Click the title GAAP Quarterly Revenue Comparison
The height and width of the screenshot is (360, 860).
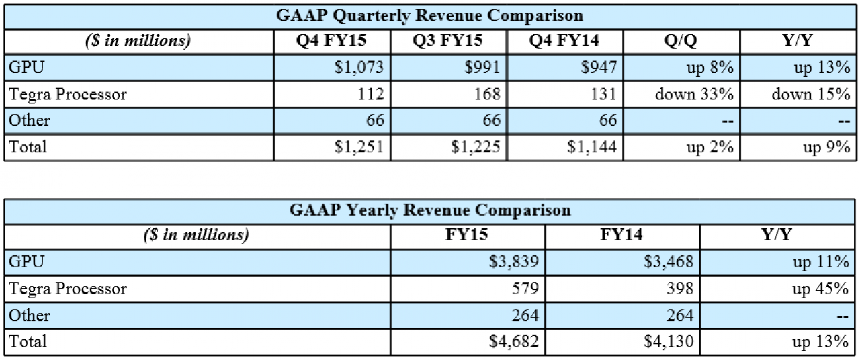pyautogui.click(x=429, y=15)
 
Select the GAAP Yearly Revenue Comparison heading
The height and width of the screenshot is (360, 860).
pyautogui.click(x=430, y=210)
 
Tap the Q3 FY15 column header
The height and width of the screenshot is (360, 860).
pyautogui.click(x=447, y=41)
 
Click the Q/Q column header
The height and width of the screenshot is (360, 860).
pyautogui.click(x=681, y=41)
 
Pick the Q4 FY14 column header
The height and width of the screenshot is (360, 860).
pyautogui.click(x=564, y=41)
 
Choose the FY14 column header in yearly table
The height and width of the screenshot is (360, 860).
pyautogui.click(x=621, y=235)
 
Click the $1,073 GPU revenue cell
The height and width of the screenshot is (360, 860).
pyautogui.click(x=359, y=68)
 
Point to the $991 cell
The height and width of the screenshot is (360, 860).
pyautogui.click(x=482, y=68)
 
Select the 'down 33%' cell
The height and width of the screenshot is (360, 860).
pyautogui.click(x=694, y=94)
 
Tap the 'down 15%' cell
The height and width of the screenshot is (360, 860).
pyautogui.click(x=811, y=94)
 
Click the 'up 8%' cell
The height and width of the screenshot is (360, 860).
pyautogui.click(x=710, y=68)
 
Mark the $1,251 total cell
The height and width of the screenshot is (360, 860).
pyautogui.click(x=359, y=147)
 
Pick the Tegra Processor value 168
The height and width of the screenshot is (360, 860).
pyautogui.click(x=487, y=94)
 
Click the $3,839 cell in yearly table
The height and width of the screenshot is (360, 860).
pyautogui.click(x=514, y=262)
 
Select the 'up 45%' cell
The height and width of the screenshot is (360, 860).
pyautogui.click(x=820, y=289)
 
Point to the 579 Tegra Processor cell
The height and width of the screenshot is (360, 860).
pyautogui.click(x=525, y=289)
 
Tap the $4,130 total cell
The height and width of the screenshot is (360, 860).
pyautogui.click(x=669, y=342)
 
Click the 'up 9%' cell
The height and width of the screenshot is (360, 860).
pyautogui.click(x=826, y=147)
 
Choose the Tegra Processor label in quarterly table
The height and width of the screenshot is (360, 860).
pyautogui.click(x=68, y=95)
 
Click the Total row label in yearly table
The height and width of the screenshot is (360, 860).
pyautogui.click(x=28, y=342)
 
